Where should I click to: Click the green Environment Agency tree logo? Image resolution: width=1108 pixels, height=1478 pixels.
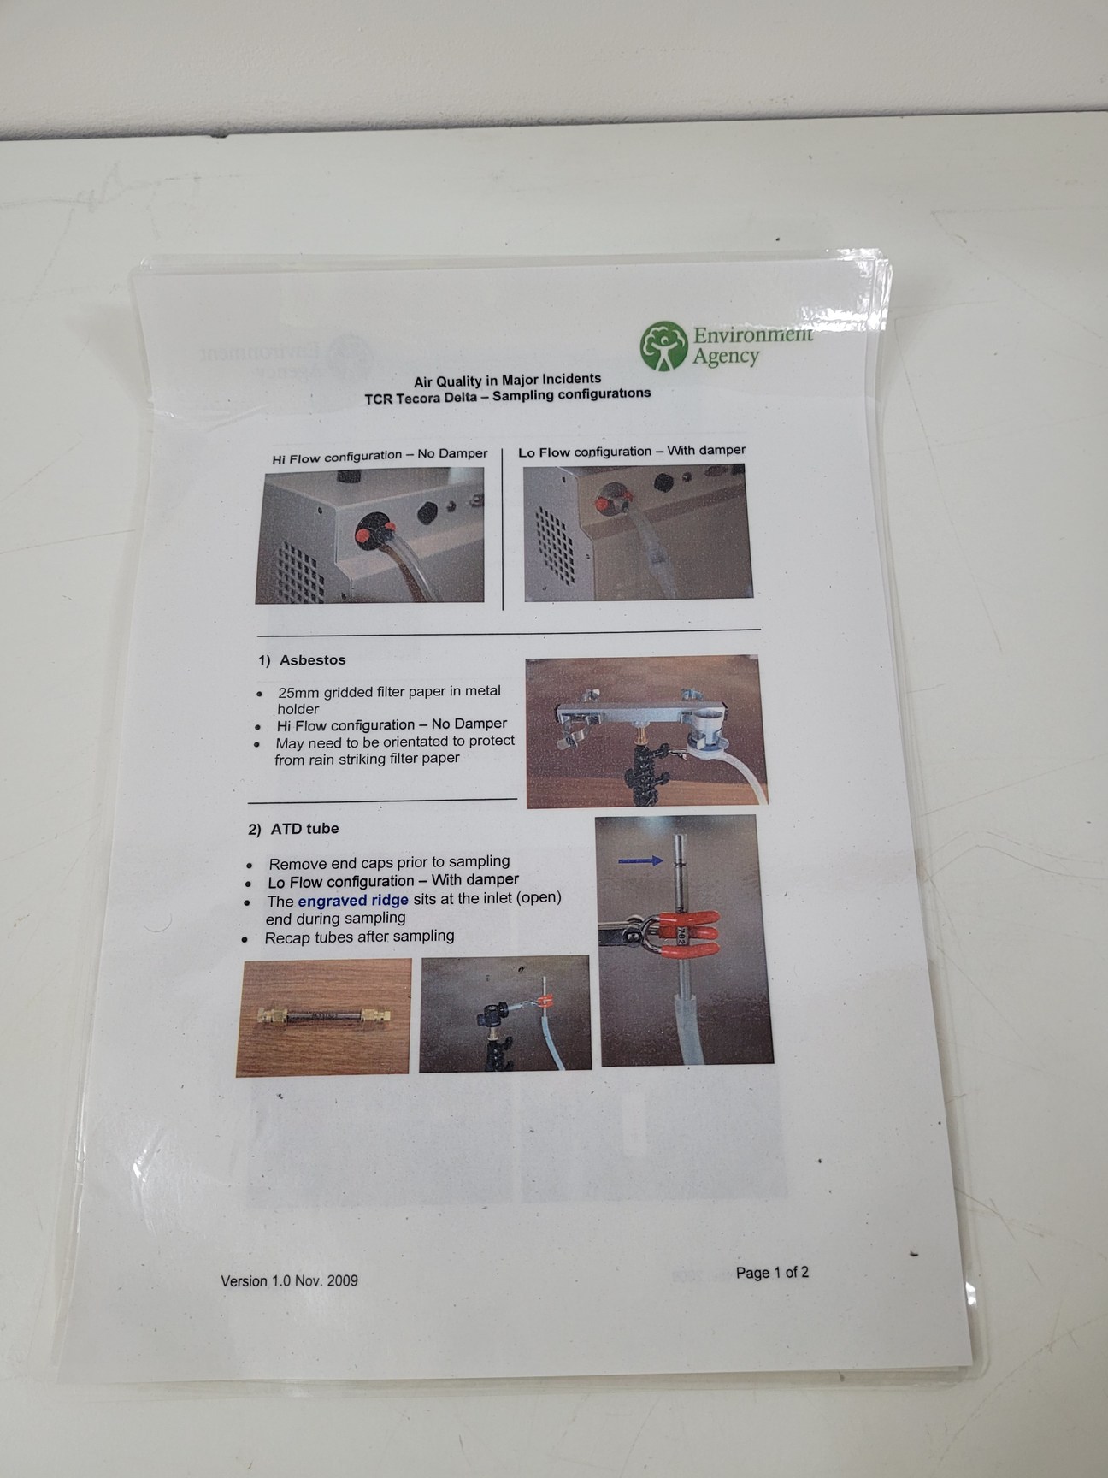pos(664,346)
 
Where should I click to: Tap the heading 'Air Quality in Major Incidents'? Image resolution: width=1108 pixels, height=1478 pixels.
pos(507,380)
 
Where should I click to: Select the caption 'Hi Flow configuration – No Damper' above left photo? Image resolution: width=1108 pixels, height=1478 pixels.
pos(380,456)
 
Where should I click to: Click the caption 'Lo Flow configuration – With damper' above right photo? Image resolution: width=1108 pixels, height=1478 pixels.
pos(631,451)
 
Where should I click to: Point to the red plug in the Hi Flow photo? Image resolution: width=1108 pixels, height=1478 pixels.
pos(364,535)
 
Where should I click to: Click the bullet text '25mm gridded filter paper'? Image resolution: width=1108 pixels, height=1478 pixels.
pos(389,691)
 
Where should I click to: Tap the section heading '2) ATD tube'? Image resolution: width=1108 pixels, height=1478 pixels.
pos(293,829)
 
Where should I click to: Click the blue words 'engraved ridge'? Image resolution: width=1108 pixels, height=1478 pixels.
pos(353,901)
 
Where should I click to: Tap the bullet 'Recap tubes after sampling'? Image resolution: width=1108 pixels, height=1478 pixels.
pos(359,937)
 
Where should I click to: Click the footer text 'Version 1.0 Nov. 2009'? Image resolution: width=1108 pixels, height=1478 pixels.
pos(289,1280)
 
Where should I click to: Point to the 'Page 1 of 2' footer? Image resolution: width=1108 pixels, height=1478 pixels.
pos(772,1273)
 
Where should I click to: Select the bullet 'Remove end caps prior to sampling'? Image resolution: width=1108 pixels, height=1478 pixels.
pos(389,862)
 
